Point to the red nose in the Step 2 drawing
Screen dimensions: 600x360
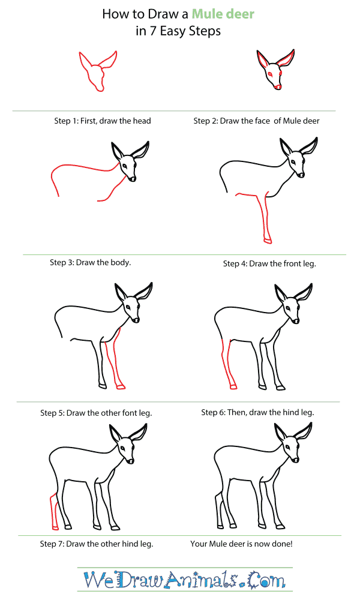[277, 87]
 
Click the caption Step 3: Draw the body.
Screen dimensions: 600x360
[90, 262]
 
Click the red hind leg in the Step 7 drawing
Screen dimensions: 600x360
[55, 510]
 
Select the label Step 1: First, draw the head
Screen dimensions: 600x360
[103, 121]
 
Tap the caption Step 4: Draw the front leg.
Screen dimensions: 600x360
[269, 263]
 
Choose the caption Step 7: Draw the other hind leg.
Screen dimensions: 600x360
[97, 544]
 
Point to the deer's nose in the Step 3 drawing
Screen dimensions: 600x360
[133, 178]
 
